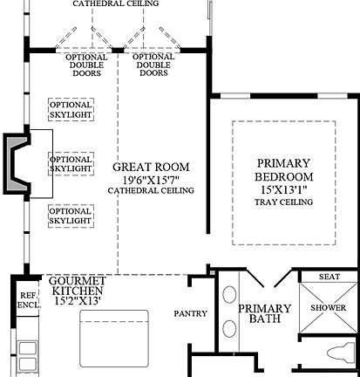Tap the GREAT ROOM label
coord(150,166)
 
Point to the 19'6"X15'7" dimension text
coord(150,178)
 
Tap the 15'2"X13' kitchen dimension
coord(78,301)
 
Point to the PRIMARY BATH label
coord(264,313)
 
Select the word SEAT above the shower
coord(329,277)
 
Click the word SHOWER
coord(329,309)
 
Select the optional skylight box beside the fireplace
coord(71,164)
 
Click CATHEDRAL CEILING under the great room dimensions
coord(150,189)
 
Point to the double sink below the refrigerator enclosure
coord(26,353)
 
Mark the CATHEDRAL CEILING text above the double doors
coord(116,3)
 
